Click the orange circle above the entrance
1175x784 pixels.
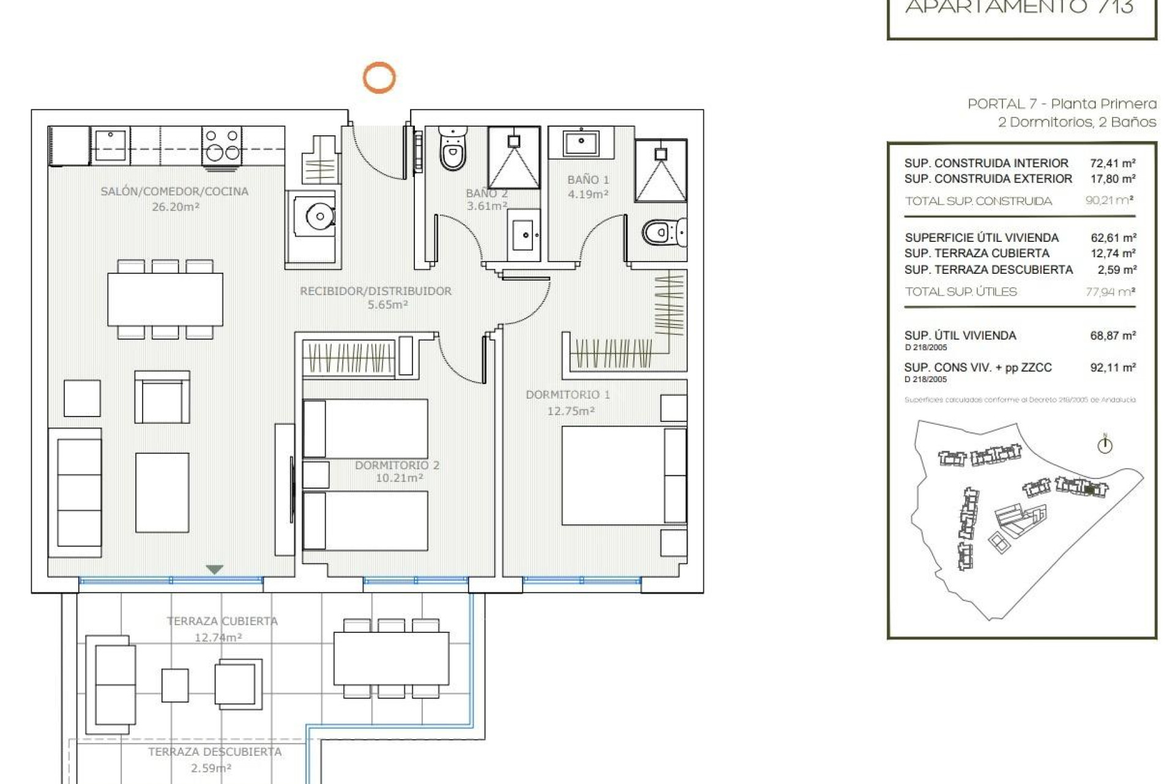click(x=379, y=78)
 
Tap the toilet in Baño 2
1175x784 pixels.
click(x=453, y=150)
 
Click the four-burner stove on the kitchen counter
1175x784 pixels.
click(x=222, y=145)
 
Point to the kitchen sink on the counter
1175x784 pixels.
click(x=111, y=145)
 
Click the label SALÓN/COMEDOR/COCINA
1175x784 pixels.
click(x=174, y=192)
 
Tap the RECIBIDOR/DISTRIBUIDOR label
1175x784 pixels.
click(x=375, y=292)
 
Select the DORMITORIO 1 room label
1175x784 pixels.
click(x=567, y=395)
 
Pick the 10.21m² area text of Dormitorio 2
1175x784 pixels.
click(x=399, y=478)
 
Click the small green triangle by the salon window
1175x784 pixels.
click(x=214, y=570)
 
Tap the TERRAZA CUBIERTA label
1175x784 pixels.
click(x=222, y=621)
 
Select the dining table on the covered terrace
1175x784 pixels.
click(x=391, y=658)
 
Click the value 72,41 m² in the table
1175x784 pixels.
click(x=1112, y=164)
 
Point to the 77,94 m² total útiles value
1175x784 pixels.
click(x=1110, y=292)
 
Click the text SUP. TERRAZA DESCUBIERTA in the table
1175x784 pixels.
click(x=988, y=270)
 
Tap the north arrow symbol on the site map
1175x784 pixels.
click(x=1104, y=445)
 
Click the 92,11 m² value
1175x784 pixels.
click(x=1112, y=368)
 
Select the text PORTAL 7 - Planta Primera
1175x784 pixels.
click(x=1061, y=104)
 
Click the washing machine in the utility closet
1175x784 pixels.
click(x=319, y=217)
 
